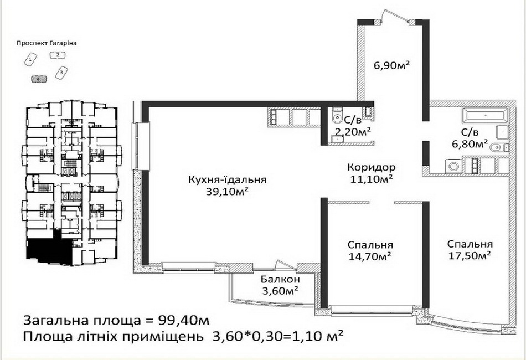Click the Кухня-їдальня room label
228,179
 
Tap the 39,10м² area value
228,192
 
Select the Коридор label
372,167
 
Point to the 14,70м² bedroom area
370,256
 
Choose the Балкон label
281,279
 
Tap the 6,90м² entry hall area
392,65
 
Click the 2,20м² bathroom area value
353,132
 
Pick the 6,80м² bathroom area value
470,144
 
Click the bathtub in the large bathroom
485,115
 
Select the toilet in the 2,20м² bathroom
336,116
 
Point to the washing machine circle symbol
453,167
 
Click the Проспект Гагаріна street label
47,43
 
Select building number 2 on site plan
58,55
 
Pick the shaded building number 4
39,79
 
